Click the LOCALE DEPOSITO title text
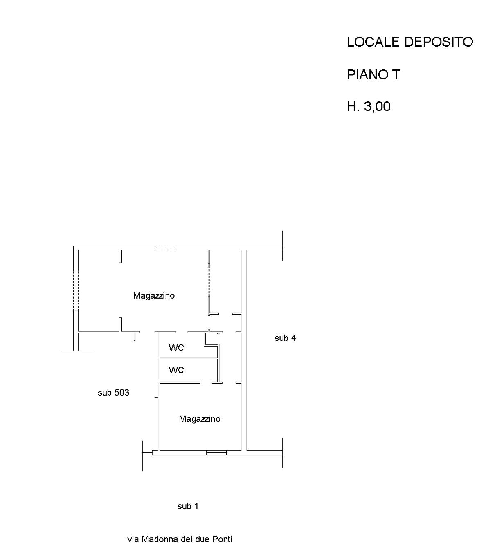(410, 42)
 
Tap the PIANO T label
(373, 75)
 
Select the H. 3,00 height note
(369, 106)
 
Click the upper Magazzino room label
(154, 296)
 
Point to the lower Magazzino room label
(200, 419)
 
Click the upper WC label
(176, 348)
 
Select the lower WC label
(176, 370)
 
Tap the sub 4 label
(285, 338)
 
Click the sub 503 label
(113, 393)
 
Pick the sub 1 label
(188, 506)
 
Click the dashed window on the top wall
(165, 248)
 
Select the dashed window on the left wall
(76, 291)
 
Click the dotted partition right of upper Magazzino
(209, 280)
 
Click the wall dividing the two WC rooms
(189, 358)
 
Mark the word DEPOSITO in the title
(439, 42)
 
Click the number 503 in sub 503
(122, 393)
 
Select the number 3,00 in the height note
(377, 106)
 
